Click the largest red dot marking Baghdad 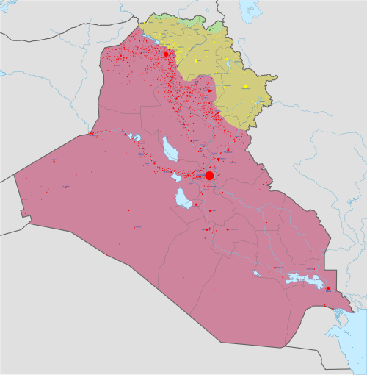tap(209, 176)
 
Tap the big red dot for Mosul tap(166, 54)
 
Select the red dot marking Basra tap(328, 288)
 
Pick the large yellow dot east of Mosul tap(197, 59)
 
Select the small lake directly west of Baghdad tap(175, 177)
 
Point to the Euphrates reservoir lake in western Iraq tap(134, 137)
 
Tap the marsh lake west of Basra tap(301, 279)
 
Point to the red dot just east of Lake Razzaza tap(195, 204)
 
